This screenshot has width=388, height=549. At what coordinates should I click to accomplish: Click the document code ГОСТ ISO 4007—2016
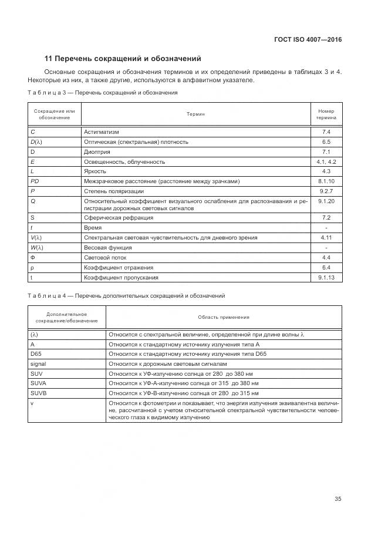[x=308, y=39]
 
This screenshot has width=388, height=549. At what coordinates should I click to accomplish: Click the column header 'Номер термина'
[x=326, y=114]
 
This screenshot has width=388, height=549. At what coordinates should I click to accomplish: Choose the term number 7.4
[x=326, y=132]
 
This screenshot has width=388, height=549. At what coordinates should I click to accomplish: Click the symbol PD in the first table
[x=35, y=181]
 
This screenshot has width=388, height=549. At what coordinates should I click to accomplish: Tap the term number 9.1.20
[x=326, y=201]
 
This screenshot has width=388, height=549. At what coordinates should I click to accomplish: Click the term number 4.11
[x=326, y=238]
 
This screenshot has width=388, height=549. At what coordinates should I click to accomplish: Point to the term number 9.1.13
[x=326, y=277]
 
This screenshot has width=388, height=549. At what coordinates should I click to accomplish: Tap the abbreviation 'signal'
[x=38, y=364]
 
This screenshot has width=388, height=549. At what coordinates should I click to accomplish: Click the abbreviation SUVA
[x=38, y=383]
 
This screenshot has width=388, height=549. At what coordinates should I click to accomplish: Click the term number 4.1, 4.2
[x=326, y=161]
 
